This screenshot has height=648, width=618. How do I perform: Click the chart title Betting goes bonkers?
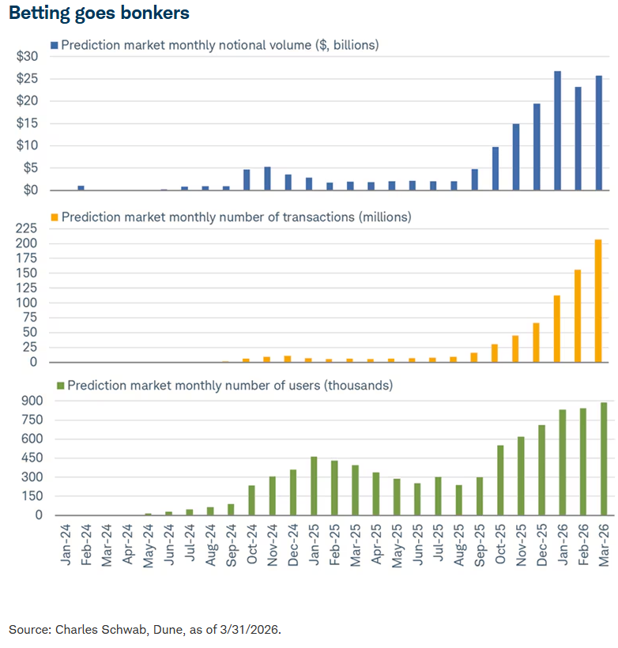coord(99,13)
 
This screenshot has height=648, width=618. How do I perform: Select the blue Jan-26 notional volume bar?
coord(557,130)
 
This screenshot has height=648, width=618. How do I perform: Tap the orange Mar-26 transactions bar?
coord(598,301)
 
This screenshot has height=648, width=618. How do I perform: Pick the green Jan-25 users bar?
coord(314,486)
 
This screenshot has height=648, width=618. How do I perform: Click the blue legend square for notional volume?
coord(54,45)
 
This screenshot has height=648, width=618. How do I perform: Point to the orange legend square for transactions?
coord(54,217)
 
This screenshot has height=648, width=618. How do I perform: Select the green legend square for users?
coord(59,386)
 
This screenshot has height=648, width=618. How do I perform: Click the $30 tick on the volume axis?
coord(27,56)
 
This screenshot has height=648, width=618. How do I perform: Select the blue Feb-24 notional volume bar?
coord(81,188)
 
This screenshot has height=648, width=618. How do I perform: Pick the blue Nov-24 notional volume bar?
coord(267,179)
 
